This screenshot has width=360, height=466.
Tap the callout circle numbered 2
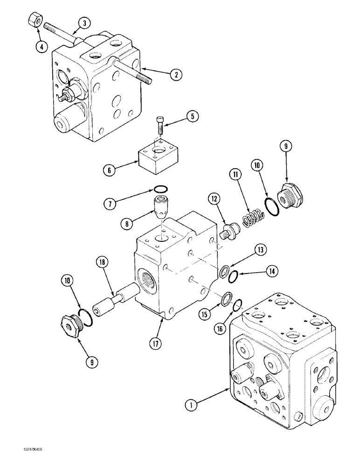pyautogui.click(x=176, y=75)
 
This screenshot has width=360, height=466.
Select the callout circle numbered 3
pyautogui.click(x=84, y=23)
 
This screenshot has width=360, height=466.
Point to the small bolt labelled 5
pyautogui.click(x=159, y=123)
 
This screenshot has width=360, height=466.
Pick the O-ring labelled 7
pyautogui.click(x=160, y=189)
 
